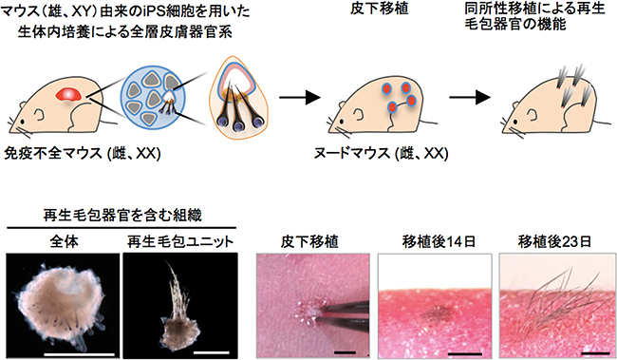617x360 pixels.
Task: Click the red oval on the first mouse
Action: click(x=68, y=93)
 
